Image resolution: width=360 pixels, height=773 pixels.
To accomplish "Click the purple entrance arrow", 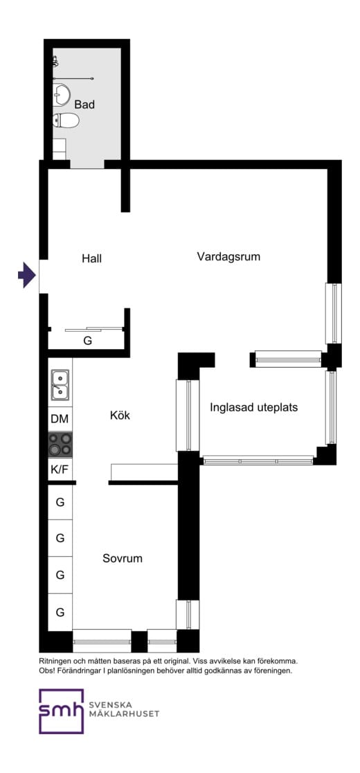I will pos(26,275).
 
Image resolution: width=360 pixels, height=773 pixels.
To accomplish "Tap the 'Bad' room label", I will pos(84,105).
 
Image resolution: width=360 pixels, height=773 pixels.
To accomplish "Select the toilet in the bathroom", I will pos(66,121).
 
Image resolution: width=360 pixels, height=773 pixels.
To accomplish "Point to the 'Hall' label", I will pos(91,258).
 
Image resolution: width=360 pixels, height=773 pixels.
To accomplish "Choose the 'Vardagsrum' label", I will pos(228,256).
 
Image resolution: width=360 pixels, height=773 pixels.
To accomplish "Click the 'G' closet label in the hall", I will pos(87,341).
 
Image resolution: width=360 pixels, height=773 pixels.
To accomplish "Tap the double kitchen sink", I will pos(60,385).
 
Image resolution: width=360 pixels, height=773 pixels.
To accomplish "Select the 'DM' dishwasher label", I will pos(60,419).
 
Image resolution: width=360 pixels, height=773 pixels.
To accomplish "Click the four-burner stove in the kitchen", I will pos(60,444).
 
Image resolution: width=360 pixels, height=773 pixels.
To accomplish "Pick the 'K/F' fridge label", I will pos(60,469).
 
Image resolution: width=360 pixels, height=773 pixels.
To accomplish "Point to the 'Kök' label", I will pos(120,416).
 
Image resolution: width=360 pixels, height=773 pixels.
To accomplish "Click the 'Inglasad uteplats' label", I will pos(253,407).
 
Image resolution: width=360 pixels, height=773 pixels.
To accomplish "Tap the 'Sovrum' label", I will pos(123,558).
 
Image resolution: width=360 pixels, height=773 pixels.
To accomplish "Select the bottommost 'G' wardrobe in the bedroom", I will pos(60,612).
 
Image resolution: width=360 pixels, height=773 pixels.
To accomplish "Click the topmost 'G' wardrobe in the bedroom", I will pos(60,501).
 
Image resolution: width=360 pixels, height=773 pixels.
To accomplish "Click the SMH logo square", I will pos(61,711).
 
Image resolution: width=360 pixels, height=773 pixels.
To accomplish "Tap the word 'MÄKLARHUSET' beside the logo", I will pos(124,714).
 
